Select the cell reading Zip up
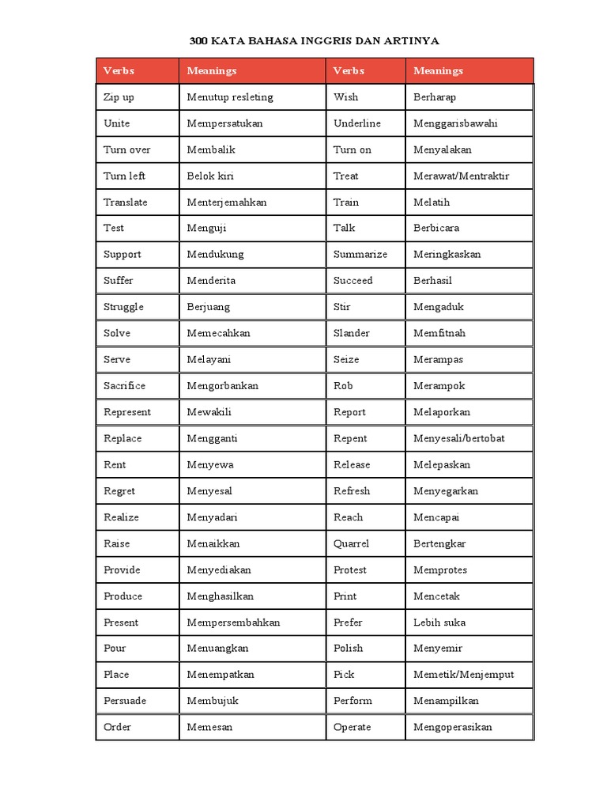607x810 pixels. pos(119,97)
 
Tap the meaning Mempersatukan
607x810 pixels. pos(224,123)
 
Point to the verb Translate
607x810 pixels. pos(125,202)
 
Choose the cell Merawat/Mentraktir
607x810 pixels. pos(461,176)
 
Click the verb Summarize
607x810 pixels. pos(360,254)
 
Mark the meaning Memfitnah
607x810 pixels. pos(439,333)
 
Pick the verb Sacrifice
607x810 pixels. pos(124,385)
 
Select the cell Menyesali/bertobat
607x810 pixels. pos(458,438)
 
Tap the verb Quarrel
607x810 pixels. pos(351,543)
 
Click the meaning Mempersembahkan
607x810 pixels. pos(233,622)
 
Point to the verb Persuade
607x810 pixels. pos(125,701)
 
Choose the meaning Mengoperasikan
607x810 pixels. pos(453,727)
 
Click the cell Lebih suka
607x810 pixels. pos(439,622)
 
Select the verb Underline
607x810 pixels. pos(356,123)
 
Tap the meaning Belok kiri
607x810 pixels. pos(210,176)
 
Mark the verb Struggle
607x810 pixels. pos(123,307)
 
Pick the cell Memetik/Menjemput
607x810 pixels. pos(463,675)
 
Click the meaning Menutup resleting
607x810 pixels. pos(230,97)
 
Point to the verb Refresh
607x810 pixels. pos(352,490)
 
